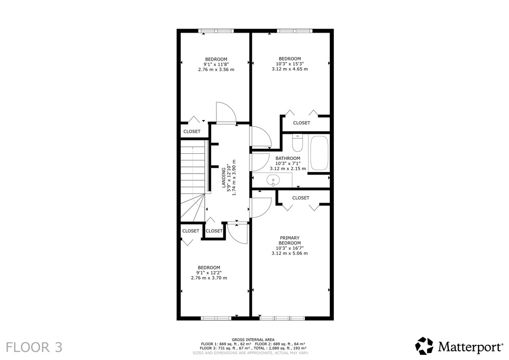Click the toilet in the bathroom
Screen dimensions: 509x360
(297, 143)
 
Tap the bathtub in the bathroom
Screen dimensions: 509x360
(319, 153)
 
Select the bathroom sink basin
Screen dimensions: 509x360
(273, 180)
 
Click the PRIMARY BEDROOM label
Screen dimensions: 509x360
(290, 240)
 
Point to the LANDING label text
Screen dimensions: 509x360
(223, 177)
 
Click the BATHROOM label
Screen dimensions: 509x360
(288, 158)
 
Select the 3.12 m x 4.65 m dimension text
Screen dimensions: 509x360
(290, 69)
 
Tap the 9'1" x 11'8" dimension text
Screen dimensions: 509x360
(216, 64)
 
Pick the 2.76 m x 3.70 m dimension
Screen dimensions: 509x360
(209, 278)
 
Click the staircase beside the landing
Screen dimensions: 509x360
(193, 181)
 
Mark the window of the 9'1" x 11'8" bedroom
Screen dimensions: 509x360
(216, 31)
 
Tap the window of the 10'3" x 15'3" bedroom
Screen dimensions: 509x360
(294, 31)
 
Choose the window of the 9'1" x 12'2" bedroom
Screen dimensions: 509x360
(216, 318)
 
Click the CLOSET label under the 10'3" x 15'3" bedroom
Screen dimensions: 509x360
(301, 123)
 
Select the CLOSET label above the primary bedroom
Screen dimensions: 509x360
(301, 198)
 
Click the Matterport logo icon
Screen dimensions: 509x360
(425, 346)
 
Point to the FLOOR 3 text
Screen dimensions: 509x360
(34, 347)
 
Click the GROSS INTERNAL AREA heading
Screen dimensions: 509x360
(253, 340)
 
